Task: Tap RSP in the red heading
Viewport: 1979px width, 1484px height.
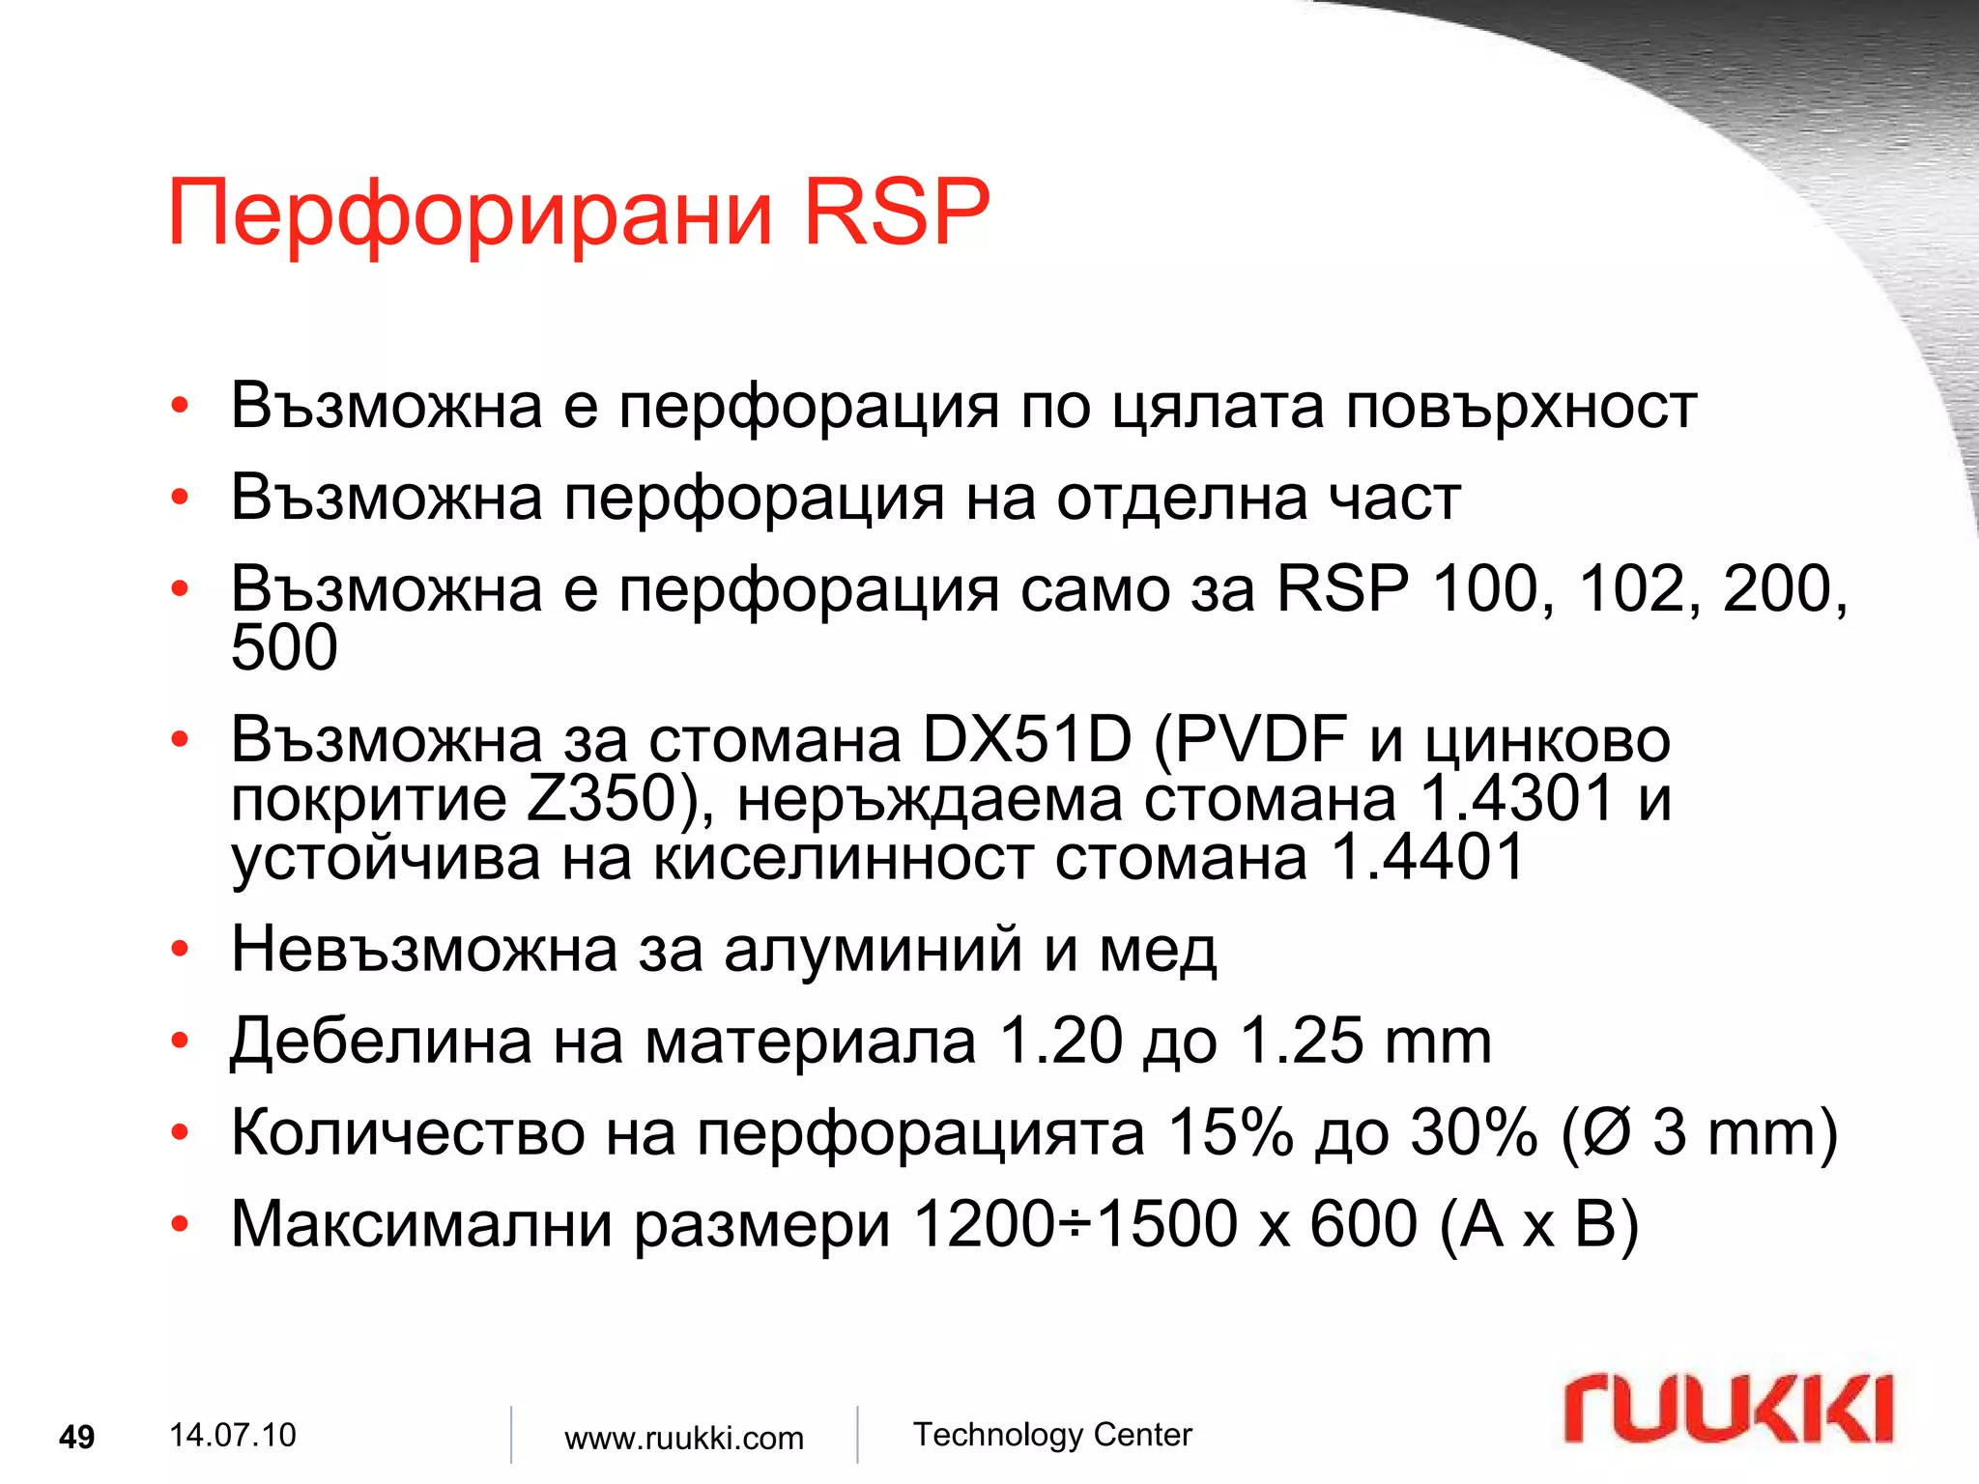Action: click(x=896, y=212)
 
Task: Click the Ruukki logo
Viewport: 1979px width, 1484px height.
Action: click(x=1728, y=1410)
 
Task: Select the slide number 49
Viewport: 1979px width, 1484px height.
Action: click(x=76, y=1437)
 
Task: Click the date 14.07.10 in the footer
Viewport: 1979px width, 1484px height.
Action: click(x=232, y=1435)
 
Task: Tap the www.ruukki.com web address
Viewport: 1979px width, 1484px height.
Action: click(x=683, y=1438)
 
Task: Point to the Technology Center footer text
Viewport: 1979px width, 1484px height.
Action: click(x=1052, y=1435)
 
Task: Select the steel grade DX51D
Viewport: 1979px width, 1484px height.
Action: click(x=1026, y=740)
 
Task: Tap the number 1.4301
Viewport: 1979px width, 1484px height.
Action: click(x=1516, y=799)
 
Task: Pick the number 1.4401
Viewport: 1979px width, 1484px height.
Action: click(x=1427, y=858)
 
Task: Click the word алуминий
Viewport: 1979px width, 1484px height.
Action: click(x=873, y=949)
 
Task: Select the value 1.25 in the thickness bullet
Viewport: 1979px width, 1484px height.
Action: click(x=1301, y=1041)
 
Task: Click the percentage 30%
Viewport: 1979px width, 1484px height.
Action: click(x=1474, y=1132)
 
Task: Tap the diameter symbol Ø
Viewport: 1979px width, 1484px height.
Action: click(x=1607, y=1132)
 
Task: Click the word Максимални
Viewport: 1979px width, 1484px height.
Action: click(x=422, y=1224)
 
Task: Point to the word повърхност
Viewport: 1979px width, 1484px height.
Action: click(x=1521, y=406)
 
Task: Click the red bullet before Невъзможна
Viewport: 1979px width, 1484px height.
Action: click(x=180, y=950)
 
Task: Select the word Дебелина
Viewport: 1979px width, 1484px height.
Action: click(x=381, y=1042)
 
